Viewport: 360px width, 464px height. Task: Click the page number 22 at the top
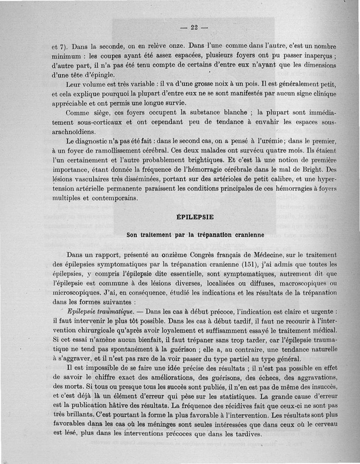194,27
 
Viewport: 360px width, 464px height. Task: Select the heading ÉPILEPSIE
195,217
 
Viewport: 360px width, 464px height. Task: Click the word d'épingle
97,75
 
